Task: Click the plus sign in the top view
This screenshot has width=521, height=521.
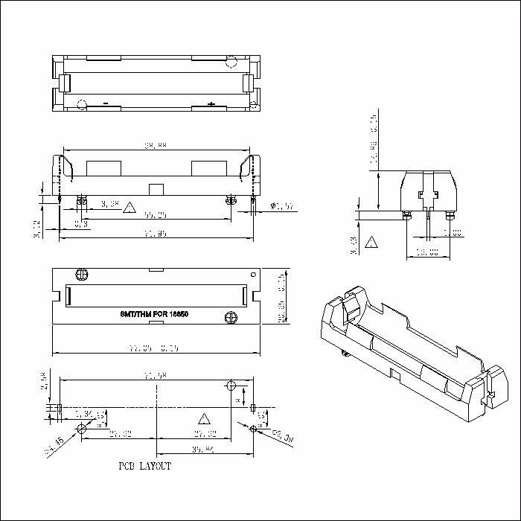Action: [211, 104]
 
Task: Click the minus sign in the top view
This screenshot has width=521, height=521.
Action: [106, 103]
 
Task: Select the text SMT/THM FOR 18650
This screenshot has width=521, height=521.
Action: [154, 315]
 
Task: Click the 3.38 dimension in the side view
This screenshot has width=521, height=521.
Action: [109, 203]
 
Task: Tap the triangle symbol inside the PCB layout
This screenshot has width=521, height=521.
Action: [202, 418]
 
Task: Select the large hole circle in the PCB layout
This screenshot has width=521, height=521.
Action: [231, 387]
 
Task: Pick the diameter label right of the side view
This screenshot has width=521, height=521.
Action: [283, 206]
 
